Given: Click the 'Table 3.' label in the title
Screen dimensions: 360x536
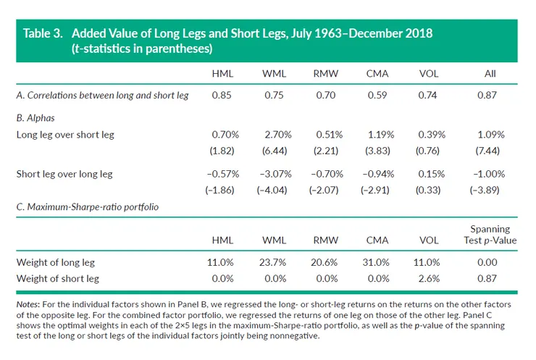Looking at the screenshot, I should pos(46,34).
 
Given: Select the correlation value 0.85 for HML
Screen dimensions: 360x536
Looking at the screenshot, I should pos(222,95).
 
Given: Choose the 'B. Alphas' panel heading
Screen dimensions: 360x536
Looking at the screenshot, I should pos(35,115).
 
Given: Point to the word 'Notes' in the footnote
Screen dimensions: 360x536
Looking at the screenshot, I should pos(28,305).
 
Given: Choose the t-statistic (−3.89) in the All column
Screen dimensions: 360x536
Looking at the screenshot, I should pos(487,192).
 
